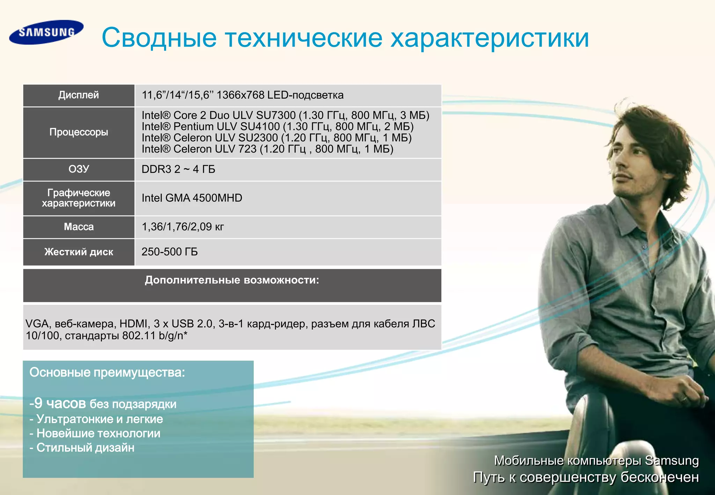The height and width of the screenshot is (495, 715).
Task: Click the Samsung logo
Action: tap(46, 32)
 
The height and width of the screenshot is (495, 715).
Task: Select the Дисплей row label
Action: tap(79, 95)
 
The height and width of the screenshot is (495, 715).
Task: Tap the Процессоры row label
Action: tap(79, 132)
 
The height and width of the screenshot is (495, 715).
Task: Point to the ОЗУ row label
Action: tap(79, 169)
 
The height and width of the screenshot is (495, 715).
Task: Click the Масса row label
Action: tap(79, 227)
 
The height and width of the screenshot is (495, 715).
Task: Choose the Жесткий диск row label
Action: tap(79, 252)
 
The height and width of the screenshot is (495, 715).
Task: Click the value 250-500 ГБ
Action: tap(170, 252)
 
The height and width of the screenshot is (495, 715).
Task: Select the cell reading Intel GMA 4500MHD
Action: tap(192, 198)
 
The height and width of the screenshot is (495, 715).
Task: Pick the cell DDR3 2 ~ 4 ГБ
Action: tap(178, 169)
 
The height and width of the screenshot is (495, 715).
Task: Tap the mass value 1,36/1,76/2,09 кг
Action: tap(183, 227)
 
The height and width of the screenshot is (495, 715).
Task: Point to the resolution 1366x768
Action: tap(240, 95)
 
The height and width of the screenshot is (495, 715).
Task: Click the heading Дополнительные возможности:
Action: tap(232, 280)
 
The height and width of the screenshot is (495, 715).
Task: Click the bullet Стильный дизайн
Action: tap(85, 448)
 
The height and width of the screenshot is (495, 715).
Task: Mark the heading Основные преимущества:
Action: tap(107, 372)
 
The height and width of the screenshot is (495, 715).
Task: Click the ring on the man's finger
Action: tap(684, 399)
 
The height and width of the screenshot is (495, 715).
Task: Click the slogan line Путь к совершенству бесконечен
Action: tap(586, 477)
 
